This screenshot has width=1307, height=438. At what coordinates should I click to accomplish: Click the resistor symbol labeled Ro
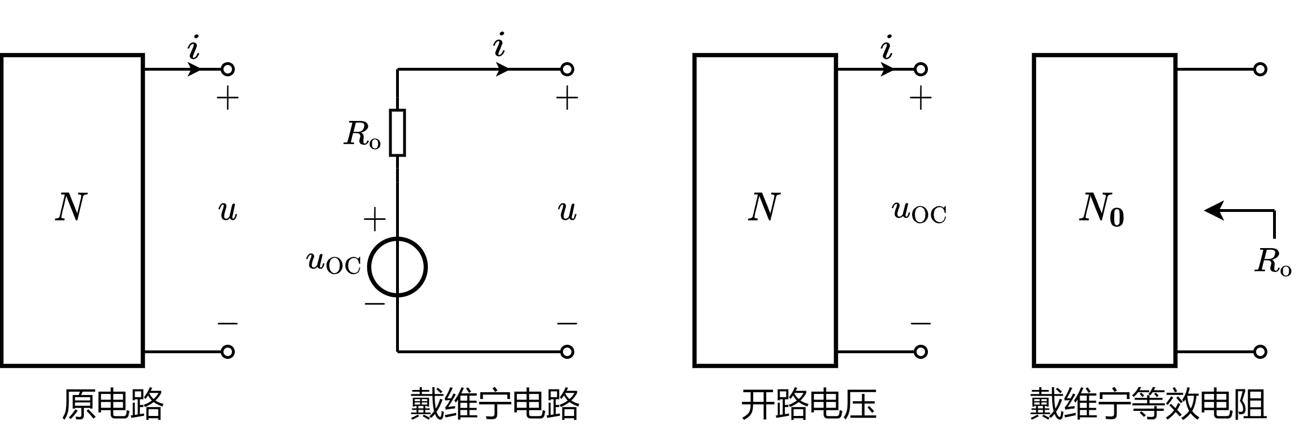click(398, 133)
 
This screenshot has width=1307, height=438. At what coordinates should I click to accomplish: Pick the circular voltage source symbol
click(398, 267)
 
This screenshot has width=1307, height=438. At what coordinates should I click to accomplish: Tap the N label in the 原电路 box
click(71, 208)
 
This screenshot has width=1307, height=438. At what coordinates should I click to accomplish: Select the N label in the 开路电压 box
click(764, 208)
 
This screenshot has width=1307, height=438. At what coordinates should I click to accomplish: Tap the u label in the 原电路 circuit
click(227, 212)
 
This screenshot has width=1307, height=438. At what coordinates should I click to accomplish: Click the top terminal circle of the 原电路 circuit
click(227, 70)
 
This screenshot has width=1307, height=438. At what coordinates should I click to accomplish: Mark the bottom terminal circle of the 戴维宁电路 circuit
click(567, 352)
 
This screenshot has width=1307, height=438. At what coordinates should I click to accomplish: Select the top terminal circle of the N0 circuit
click(1260, 70)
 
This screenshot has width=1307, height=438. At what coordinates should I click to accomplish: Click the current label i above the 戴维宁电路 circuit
click(498, 46)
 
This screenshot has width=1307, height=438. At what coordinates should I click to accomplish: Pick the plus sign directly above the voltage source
click(374, 219)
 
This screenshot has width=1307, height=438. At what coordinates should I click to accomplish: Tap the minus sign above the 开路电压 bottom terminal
click(921, 324)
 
